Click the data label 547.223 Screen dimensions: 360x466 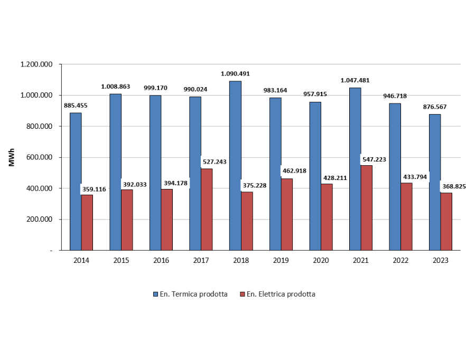point(375,158)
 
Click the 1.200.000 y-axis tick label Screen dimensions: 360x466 point(36,64)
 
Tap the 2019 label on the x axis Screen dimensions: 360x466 point(281,261)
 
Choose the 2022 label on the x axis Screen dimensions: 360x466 point(400,261)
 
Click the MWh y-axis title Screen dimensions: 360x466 point(12,157)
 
